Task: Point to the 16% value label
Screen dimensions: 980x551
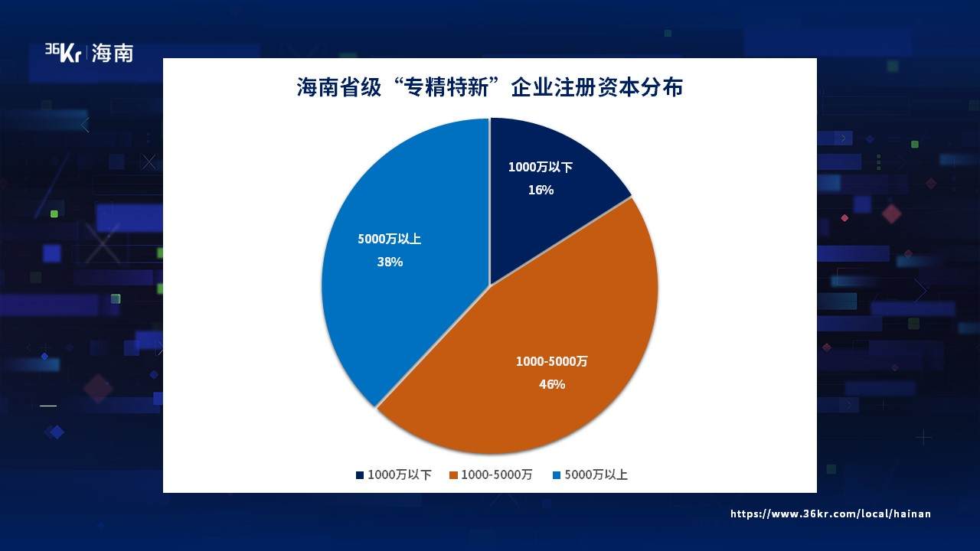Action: coord(541,191)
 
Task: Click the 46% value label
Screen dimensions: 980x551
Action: coord(552,384)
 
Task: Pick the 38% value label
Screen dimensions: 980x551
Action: coord(390,262)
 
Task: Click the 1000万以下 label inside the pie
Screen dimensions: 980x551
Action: coord(541,167)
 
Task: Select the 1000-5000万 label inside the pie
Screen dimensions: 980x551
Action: coord(552,361)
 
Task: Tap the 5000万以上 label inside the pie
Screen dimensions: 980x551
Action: coord(390,239)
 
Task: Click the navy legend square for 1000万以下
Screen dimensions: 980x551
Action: coord(360,475)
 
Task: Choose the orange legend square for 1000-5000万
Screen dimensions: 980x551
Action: coord(453,475)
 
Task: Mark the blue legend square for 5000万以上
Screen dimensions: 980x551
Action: coord(557,475)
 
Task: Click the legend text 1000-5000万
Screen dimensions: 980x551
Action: coord(497,475)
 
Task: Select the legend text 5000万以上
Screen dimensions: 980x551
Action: coord(596,475)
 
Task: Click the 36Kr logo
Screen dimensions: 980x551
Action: coord(63,53)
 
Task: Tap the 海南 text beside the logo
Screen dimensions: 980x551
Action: coord(113,54)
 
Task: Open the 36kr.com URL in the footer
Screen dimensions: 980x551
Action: coord(831,514)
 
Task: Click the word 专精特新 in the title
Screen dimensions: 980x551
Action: coord(446,87)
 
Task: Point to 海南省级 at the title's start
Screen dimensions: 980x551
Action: coord(339,87)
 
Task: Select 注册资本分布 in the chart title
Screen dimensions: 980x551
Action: coord(619,87)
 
